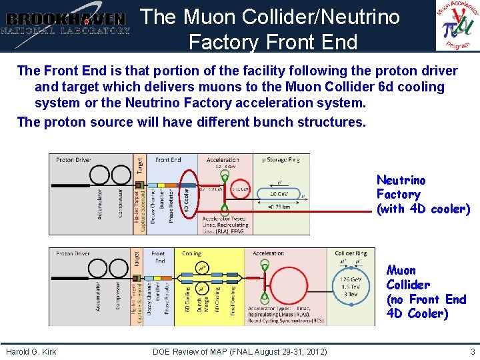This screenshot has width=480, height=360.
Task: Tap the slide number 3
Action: coord(472,351)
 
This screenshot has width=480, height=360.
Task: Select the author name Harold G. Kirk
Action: coord(31,351)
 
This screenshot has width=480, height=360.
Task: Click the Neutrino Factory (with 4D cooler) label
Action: coord(423,195)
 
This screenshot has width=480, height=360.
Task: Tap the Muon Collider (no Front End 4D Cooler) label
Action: coord(426,292)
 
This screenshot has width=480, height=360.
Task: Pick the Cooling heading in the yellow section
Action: coord(191,253)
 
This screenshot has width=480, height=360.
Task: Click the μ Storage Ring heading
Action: coord(280,159)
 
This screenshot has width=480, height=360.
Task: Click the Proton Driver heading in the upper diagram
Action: coord(74,160)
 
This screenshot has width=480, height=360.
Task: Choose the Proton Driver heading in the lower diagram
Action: coord(74,253)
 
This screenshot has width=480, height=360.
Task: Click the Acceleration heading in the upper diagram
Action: coord(223,160)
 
